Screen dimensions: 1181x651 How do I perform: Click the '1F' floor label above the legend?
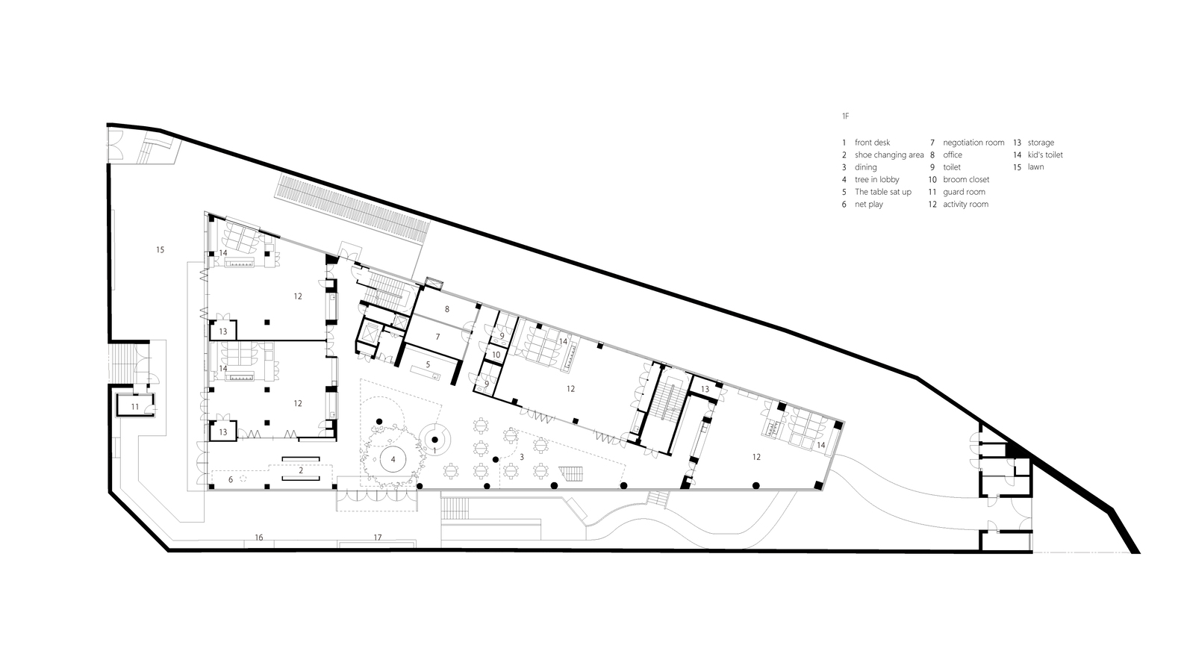click(x=845, y=116)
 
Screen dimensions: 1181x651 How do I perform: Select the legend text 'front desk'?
click(x=872, y=143)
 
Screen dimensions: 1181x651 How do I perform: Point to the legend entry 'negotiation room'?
click(x=973, y=143)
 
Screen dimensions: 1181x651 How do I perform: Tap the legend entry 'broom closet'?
click(x=966, y=179)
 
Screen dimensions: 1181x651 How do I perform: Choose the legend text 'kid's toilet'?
click(x=1045, y=155)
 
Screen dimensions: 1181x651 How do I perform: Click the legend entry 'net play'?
click(x=868, y=204)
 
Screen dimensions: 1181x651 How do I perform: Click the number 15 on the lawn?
click(x=160, y=249)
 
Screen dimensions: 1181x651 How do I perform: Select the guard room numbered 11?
click(x=135, y=406)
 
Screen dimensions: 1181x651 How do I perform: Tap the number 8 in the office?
click(x=446, y=309)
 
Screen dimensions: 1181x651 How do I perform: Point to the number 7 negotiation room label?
click(x=437, y=337)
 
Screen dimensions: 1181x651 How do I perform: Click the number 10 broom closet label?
click(x=496, y=355)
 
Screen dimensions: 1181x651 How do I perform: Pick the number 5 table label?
click(x=428, y=364)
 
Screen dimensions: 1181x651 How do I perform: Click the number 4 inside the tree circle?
click(x=393, y=459)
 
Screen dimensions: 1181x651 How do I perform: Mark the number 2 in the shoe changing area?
click(x=301, y=470)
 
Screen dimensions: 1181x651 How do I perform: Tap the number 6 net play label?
click(x=231, y=480)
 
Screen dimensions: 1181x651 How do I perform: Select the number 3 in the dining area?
click(x=521, y=457)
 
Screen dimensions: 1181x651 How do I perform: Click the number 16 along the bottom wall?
click(x=259, y=538)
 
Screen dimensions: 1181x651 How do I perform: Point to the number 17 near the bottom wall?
click(x=378, y=538)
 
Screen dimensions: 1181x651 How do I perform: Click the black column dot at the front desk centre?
click(x=435, y=440)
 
